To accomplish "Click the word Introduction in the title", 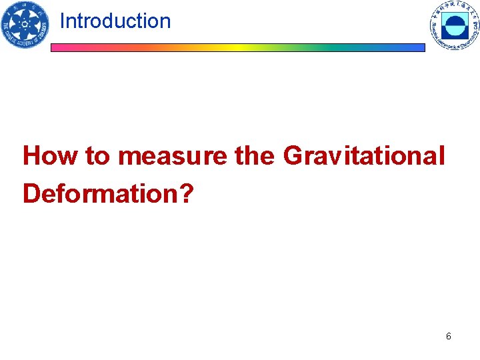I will click(x=115, y=21).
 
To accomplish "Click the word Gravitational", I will click(x=363, y=156).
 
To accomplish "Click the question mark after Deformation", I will click(x=187, y=193).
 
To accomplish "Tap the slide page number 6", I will click(x=448, y=336).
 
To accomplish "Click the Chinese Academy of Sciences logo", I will click(x=25, y=25).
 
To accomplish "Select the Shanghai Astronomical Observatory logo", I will click(x=455, y=26).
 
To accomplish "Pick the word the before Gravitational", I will click(x=254, y=156).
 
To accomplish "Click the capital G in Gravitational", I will click(x=293, y=156).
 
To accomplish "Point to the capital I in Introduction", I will click(x=62, y=21).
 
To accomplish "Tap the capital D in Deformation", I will click(x=31, y=193).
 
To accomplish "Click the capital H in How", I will click(x=31, y=156).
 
